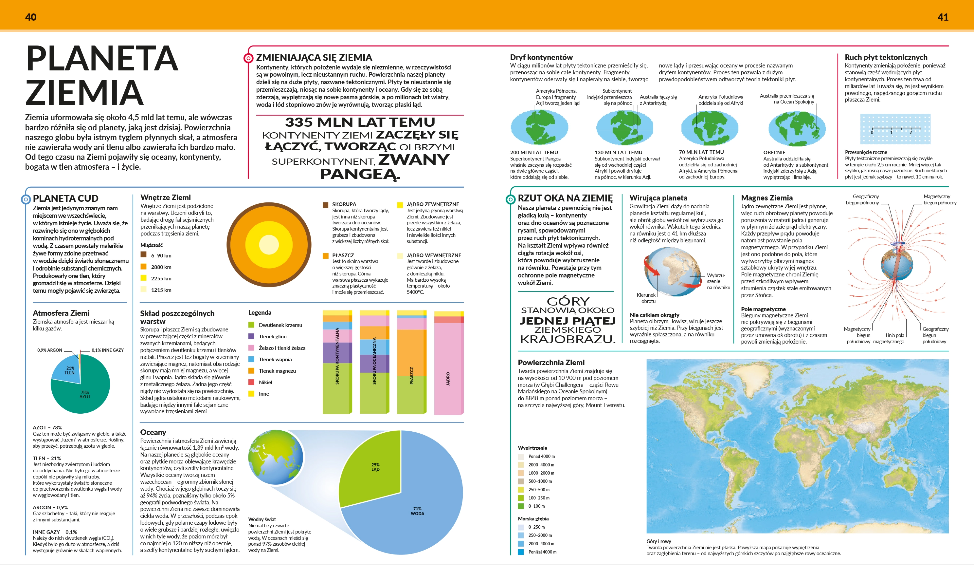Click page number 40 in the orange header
[x=30, y=17]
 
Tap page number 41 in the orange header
[x=943, y=17]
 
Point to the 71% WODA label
[x=417, y=511]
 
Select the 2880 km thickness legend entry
[x=156, y=267]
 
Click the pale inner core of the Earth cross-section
[x=269, y=244]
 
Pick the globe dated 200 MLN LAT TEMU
[x=539, y=127]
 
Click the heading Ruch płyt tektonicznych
[x=886, y=57]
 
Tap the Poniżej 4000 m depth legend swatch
[x=521, y=552]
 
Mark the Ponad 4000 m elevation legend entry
[x=536, y=457]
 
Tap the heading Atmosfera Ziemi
[x=61, y=313]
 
